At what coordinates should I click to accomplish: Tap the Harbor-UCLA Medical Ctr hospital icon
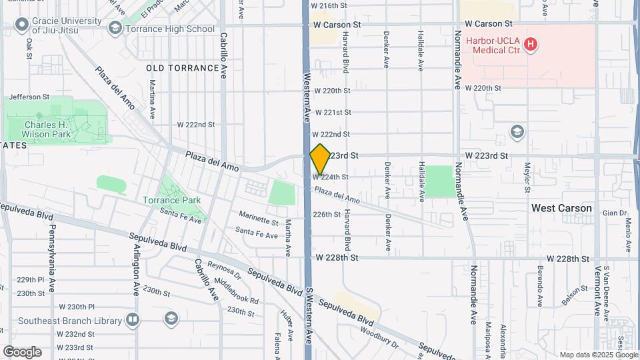(x=531, y=45)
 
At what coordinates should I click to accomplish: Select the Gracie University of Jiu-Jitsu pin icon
(x=21, y=25)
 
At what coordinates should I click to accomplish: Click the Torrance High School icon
(x=115, y=29)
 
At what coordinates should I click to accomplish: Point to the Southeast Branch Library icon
(x=133, y=321)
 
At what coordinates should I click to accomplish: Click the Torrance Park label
(x=171, y=200)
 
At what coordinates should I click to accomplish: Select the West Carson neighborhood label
(x=561, y=208)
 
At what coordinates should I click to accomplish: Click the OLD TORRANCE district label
(x=182, y=68)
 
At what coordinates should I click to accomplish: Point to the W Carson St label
(x=338, y=25)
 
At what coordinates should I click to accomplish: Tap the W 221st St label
(x=333, y=113)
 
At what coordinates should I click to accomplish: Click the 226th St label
(x=327, y=215)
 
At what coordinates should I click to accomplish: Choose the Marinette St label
(x=259, y=221)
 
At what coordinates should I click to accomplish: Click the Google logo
(x=22, y=352)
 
